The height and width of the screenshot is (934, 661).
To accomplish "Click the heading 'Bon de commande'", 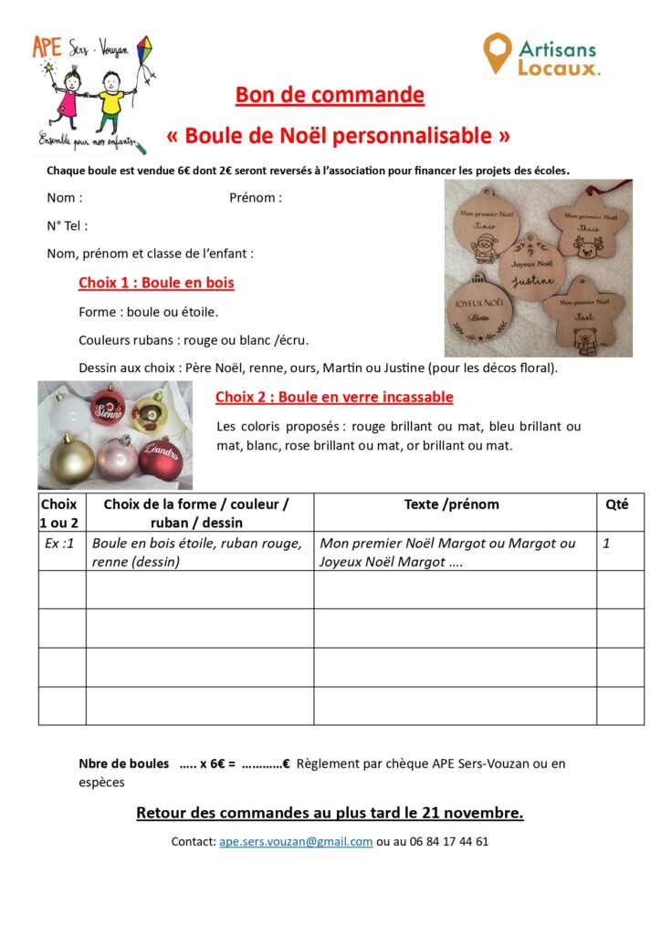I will pos(330,95).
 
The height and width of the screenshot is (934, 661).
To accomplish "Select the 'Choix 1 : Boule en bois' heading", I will pos(156,283).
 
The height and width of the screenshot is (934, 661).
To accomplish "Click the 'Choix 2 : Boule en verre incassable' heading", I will pos(334,397).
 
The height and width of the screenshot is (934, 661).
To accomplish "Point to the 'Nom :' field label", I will pos(65,198).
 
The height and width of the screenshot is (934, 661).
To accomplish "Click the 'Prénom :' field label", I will pos(256,198).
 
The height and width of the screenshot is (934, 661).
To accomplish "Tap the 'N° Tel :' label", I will pos(68,225).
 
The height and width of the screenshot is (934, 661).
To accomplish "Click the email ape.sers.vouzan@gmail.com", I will pos(296,842).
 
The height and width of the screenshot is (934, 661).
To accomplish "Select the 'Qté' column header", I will pos(617,504).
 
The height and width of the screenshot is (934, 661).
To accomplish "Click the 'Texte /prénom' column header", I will pos(452,504).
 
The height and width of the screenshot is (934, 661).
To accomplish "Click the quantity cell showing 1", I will pos(606,544).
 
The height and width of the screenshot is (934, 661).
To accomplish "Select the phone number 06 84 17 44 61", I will pos(443,842).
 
